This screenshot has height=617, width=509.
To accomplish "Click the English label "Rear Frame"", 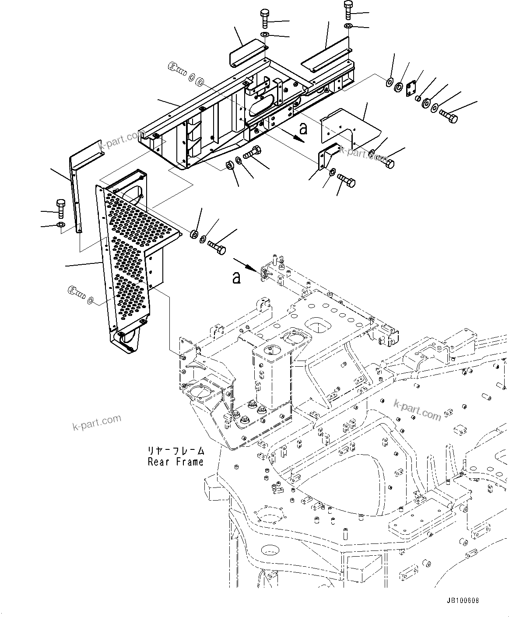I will coord(176,462).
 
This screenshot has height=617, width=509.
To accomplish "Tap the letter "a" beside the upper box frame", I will coord(303,129).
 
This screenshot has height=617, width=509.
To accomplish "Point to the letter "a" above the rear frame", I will coord(237,277).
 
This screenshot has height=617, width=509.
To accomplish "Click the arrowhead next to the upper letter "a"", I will coord(299,139).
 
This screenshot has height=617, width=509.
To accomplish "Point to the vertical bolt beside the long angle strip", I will coord(60,209).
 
